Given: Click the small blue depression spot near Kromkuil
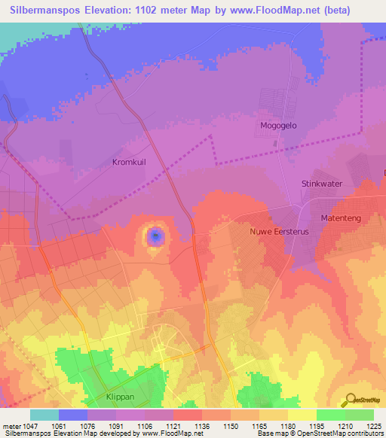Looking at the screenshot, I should click(x=155, y=237).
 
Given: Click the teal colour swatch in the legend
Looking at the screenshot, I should click(x=44, y=415).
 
